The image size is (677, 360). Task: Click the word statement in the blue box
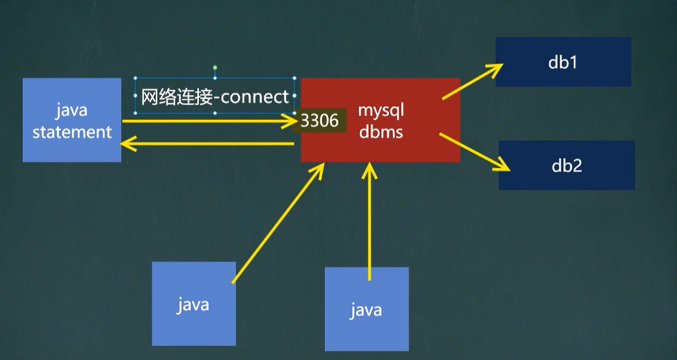pyautogui.click(x=72, y=132)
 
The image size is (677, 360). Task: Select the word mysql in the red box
pyautogui.click(x=380, y=110)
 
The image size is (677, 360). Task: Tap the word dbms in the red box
pyautogui.click(x=380, y=132)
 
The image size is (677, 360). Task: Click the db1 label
pyautogui.click(x=563, y=62)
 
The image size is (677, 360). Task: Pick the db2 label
pyautogui.click(x=566, y=166)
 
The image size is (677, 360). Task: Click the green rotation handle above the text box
pyautogui.click(x=215, y=68)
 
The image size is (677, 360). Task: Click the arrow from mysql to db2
pyautogui.click(x=474, y=152)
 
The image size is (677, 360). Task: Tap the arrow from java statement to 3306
pyautogui.click(x=208, y=121)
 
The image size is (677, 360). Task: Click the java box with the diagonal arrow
pyautogui.click(x=193, y=303)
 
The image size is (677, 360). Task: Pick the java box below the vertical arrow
pyautogui.click(x=366, y=309)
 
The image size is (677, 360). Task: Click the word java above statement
pyautogui.click(x=72, y=110)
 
